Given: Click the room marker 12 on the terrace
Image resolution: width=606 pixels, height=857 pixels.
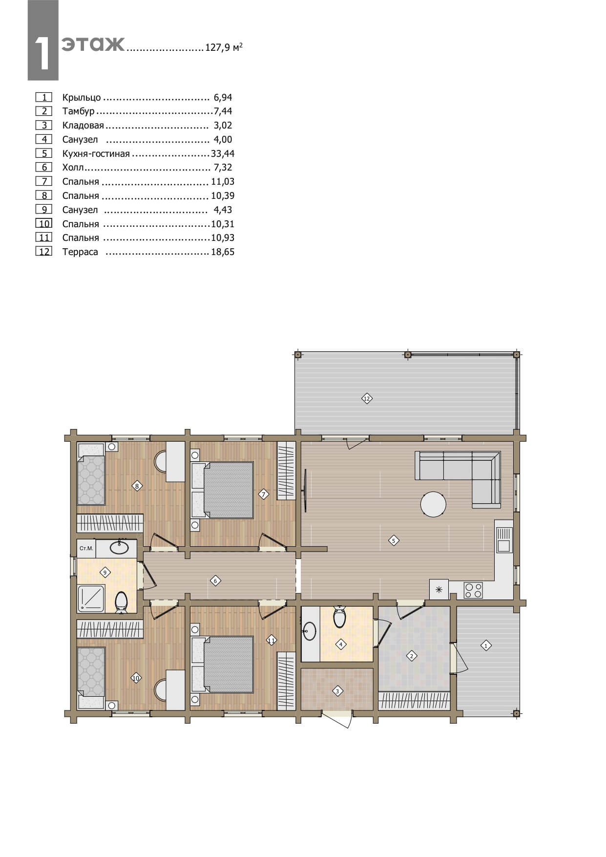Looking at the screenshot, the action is tap(367, 398).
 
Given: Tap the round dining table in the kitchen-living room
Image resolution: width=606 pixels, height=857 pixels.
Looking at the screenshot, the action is tap(433, 504).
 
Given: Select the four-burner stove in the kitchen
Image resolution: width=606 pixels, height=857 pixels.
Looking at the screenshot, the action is tap(473, 590).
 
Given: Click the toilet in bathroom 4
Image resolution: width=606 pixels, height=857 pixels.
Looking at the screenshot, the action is tap(339, 617).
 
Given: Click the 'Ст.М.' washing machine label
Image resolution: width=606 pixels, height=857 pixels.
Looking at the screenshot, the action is tap(86, 548).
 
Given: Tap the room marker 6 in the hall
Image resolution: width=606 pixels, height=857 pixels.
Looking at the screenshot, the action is tap(215, 581).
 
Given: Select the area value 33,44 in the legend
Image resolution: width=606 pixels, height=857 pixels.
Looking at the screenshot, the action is tap(223, 153).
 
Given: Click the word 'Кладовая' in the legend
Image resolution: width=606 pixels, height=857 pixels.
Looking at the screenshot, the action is tap(83, 126).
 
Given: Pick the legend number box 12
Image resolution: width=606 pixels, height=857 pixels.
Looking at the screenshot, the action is tap(44, 252).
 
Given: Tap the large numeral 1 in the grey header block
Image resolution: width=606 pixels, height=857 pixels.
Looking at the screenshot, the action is tap(43, 54).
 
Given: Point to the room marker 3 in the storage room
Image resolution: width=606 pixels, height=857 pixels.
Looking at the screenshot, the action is tap(337, 691).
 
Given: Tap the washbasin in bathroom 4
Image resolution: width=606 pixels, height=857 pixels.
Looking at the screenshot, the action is tap(309, 631).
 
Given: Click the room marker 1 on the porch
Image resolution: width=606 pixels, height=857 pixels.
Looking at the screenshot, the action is tap(485, 645).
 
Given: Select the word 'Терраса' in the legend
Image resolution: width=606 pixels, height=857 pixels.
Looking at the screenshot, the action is tap(80, 252).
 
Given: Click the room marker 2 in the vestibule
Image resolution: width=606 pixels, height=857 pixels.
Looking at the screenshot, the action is tap(412, 656).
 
